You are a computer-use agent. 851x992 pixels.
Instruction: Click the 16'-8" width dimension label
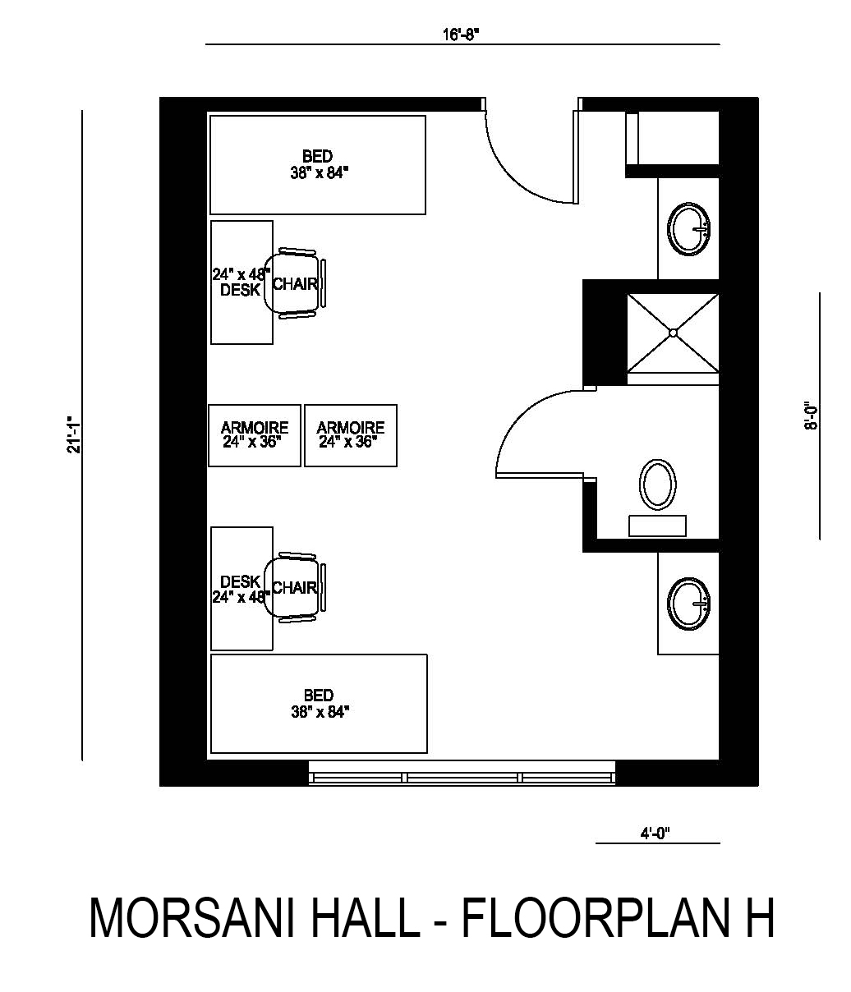[462, 34]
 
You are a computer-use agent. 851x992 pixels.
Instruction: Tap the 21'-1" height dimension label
[75, 434]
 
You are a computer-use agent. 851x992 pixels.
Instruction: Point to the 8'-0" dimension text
[811, 416]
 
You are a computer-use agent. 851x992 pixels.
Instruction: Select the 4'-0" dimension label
[655, 834]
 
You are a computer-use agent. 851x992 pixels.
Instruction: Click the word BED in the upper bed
[317, 157]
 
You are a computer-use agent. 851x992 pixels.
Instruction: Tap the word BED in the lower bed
[318, 696]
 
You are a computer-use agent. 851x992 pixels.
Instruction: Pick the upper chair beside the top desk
[295, 283]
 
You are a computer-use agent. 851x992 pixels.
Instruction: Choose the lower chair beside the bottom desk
[295, 587]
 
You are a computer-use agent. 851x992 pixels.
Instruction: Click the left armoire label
[255, 434]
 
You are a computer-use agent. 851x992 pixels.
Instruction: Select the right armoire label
[351, 434]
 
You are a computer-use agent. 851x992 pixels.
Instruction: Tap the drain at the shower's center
[673, 333]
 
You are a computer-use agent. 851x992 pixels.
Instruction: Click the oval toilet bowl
[658, 485]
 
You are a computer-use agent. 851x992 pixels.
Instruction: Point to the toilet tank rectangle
[657, 526]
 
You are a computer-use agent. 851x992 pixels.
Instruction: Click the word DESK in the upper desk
[240, 290]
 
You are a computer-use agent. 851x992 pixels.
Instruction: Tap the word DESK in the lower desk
[240, 581]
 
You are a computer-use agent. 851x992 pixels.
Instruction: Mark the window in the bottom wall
[462, 773]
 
